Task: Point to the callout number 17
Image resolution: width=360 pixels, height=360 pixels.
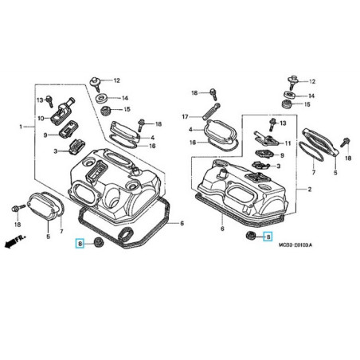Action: coord(184,115)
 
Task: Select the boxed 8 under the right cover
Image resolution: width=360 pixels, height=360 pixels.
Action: coord(268,237)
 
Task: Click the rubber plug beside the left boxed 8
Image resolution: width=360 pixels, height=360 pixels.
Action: coord(99,241)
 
